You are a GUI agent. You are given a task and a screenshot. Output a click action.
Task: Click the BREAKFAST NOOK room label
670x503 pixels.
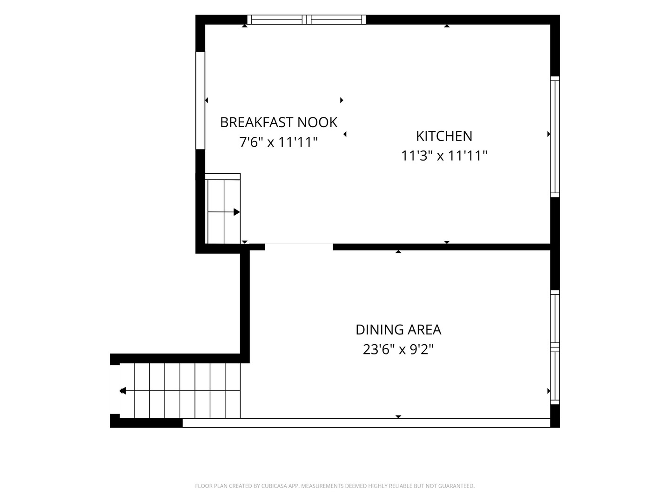[278, 122]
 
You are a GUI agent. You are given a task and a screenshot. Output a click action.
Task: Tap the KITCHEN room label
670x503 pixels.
[444, 136]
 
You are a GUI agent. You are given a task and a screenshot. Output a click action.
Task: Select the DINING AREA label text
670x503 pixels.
[398, 330]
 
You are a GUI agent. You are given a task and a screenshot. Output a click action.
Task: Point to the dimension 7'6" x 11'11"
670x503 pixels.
[278, 143]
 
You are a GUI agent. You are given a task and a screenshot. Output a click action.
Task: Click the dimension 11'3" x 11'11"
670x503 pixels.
[444, 156]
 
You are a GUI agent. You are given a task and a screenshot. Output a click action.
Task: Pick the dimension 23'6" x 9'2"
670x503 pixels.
[398, 349]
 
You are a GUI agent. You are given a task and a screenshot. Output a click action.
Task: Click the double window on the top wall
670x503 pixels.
[307, 20]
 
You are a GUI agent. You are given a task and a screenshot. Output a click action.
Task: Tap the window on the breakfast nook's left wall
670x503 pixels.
[200, 101]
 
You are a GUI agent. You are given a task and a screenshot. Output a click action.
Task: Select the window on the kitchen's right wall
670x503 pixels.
[555, 137]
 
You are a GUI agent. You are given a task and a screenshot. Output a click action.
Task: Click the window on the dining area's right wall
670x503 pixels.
[555, 347]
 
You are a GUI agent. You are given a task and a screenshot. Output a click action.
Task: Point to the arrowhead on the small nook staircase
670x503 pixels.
[236, 212]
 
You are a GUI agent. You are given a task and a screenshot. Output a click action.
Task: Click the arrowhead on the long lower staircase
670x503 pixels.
[123, 391]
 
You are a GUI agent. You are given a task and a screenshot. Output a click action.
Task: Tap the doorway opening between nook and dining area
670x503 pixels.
[299, 247]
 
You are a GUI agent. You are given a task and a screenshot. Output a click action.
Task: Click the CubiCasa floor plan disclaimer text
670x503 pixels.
[335, 486]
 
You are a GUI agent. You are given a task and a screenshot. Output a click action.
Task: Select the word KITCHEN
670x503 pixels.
[444, 136]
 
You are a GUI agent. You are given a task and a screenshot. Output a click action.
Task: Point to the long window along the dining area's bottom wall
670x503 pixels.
[366, 423]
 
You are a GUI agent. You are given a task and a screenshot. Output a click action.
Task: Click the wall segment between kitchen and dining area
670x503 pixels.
[442, 247]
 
